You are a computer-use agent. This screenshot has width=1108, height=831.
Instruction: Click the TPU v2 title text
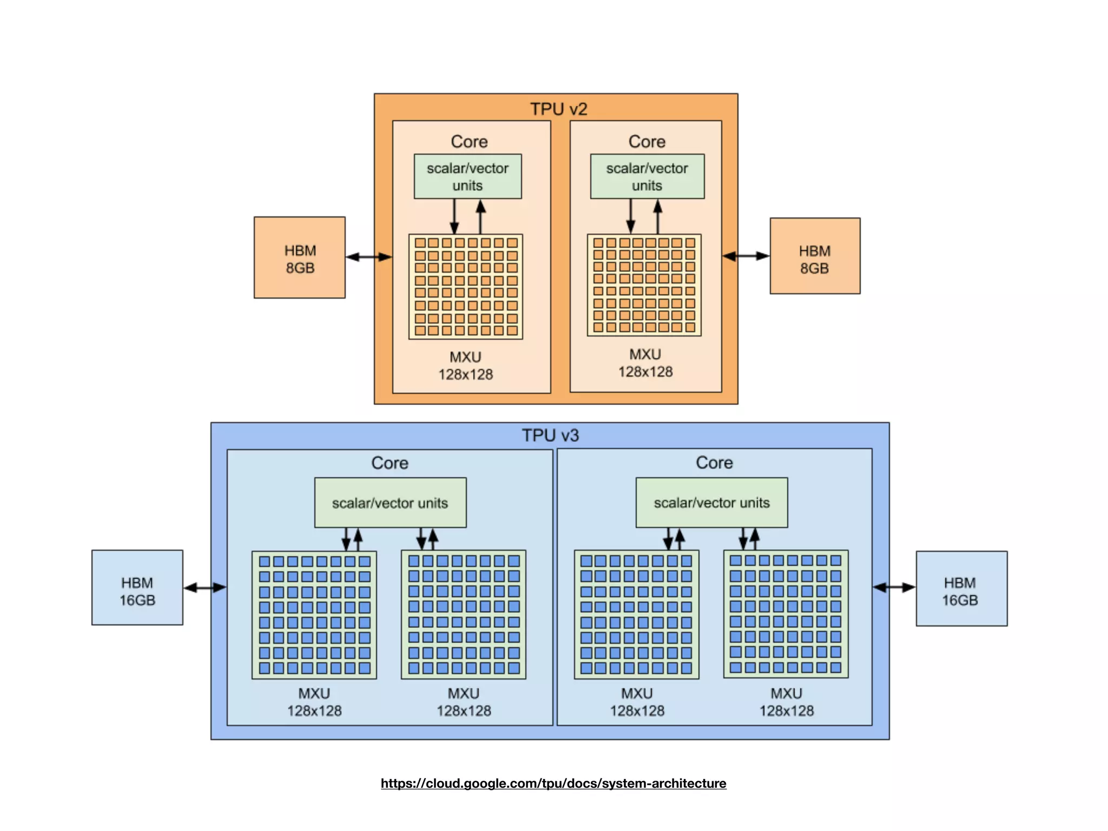[x=558, y=109]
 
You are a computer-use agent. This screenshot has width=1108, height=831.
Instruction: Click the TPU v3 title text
[x=550, y=435]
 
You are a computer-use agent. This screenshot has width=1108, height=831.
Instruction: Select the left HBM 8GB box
[x=300, y=258]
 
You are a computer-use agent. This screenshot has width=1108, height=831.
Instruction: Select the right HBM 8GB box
[x=815, y=256]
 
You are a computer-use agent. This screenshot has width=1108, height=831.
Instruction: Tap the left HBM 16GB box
[x=137, y=588]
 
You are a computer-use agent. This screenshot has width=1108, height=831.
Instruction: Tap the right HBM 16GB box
[x=961, y=589]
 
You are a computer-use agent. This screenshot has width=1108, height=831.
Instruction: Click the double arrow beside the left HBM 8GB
[x=368, y=256]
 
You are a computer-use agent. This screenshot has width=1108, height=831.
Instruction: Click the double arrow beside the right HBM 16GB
[x=894, y=588]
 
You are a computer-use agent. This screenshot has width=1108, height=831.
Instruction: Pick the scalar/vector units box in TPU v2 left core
[x=467, y=176]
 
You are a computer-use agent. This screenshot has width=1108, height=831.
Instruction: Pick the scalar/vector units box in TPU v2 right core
[x=647, y=176]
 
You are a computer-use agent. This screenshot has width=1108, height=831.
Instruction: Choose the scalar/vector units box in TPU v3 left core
[x=390, y=503]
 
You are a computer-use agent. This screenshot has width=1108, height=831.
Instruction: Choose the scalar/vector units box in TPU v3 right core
[x=711, y=503]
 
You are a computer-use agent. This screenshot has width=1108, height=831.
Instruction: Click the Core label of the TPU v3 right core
[x=714, y=463]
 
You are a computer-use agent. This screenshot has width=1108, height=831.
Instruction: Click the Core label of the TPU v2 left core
[x=469, y=142]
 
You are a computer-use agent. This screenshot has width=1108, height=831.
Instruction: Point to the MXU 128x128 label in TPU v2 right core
[x=645, y=363]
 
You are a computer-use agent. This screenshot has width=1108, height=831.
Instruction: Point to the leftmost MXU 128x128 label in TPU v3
[x=314, y=702]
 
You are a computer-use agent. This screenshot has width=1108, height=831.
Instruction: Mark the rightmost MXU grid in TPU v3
[x=786, y=614]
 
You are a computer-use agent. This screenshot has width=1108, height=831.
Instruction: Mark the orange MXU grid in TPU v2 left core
[x=466, y=287]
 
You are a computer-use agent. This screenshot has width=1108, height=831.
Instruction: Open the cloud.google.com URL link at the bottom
[x=553, y=783]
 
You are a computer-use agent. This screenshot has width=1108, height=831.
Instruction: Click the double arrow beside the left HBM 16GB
[x=205, y=588]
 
